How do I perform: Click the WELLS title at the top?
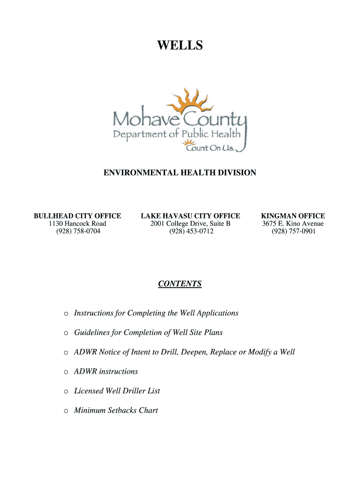[x=180, y=45]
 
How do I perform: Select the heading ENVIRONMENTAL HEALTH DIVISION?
[x=180, y=173]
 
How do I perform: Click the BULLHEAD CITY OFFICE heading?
[x=78, y=216]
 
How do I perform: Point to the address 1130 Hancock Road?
[x=78, y=224]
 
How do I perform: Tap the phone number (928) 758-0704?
[x=78, y=231]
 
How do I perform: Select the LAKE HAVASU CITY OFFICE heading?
[x=190, y=216]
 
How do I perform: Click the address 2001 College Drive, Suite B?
[x=190, y=224]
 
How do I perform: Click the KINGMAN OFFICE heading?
[x=293, y=216]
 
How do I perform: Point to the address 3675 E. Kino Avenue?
[x=293, y=224]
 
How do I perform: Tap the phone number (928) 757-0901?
[x=293, y=231]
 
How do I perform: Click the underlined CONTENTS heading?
[x=180, y=284]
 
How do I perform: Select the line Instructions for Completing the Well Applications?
[x=156, y=313]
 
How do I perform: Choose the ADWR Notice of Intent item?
[x=184, y=352]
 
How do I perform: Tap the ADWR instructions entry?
[x=106, y=371]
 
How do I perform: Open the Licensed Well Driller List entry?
[x=117, y=391]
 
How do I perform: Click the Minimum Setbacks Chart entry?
[x=116, y=410]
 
